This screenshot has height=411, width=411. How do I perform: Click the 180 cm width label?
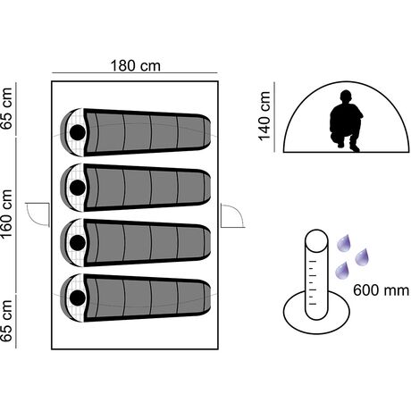coord(135,66)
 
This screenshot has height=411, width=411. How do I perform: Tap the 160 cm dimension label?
coord(6,214)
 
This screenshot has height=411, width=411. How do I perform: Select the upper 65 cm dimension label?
coord(6,108)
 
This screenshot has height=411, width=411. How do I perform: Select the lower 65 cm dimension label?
coord(6,321)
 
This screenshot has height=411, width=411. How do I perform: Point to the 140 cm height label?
coord(264,116)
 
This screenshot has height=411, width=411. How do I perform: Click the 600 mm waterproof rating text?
coord(382,289)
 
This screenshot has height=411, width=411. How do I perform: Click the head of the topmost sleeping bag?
coord(78,132)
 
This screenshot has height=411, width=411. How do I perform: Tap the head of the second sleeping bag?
coord(78,188)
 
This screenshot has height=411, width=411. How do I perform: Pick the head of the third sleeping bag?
coord(78,243)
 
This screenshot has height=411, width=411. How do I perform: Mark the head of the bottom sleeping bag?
coord(78,298)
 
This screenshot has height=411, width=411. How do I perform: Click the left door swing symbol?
coord(38,214)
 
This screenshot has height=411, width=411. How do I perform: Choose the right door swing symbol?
coord(232,215)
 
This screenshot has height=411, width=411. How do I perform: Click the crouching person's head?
coord(346,96)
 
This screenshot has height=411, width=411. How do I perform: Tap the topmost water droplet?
coord(344,243)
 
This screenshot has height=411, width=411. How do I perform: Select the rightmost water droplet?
coord(362,256)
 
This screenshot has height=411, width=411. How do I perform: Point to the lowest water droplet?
coord(342,271)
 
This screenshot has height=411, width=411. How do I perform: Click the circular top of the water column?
coord(316,240)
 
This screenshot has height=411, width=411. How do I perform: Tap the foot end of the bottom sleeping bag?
coord(205,298)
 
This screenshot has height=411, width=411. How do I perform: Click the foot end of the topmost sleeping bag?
coord(205,132)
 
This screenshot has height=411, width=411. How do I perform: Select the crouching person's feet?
coord(348,146)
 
